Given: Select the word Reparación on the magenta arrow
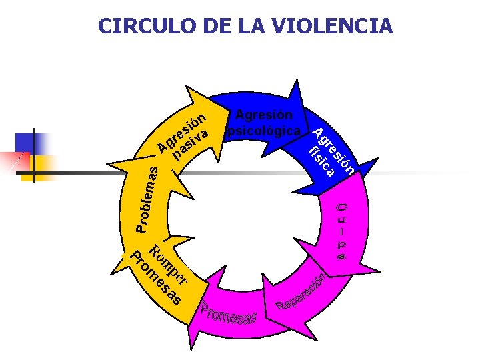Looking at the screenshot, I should pos(303,293).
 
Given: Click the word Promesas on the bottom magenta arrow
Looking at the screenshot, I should pos(229,313).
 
